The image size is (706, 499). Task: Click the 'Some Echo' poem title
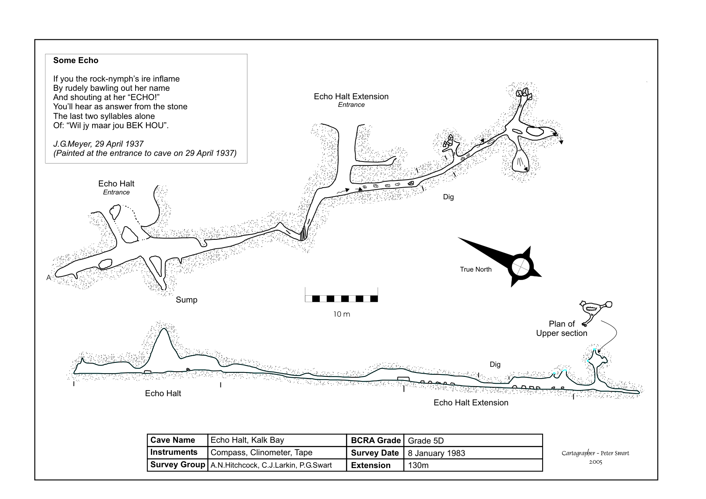tap(76, 61)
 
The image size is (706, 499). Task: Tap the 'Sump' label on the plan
tap(186, 300)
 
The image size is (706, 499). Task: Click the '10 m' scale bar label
tap(342, 314)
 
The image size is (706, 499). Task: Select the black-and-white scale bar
tap(341, 299)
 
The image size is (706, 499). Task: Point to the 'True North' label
tap(475, 270)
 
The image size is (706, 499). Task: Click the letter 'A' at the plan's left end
tap(49, 278)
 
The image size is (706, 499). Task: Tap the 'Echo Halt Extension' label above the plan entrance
tap(351, 96)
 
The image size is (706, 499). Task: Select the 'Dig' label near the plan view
tap(448, 197)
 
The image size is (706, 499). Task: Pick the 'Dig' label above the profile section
tap(495, 364)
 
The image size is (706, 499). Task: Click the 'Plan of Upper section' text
tap(562, 329)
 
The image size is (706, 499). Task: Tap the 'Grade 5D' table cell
tap(426, 441)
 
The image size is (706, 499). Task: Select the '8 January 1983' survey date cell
tap(436, 453)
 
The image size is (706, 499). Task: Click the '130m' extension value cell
tap(418, 465)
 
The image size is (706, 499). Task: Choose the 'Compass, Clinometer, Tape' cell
tap(261, 452)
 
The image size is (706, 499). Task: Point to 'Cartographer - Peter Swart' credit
tap(595, 453)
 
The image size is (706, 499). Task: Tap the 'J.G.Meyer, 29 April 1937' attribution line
tap(98, 144)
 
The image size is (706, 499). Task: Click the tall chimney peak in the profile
tap(164, 330)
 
